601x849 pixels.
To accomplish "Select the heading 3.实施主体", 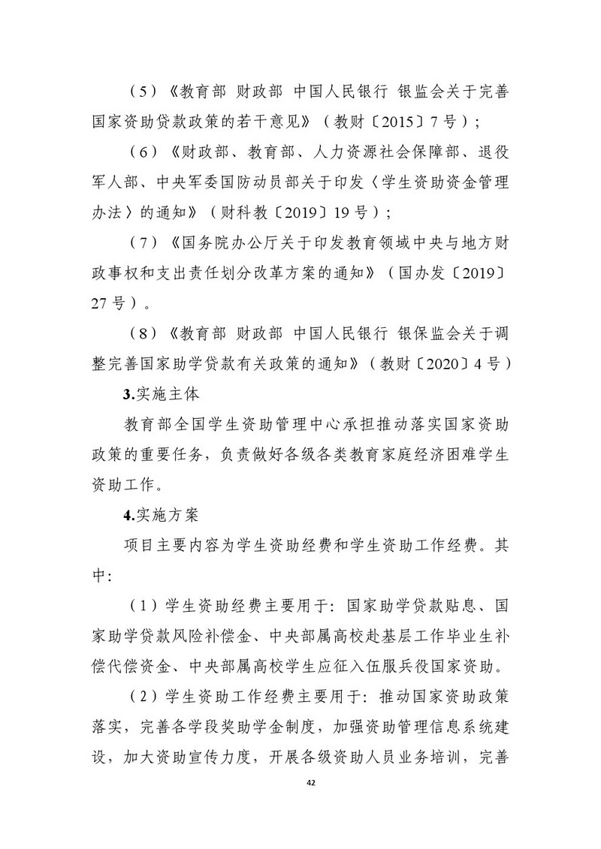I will tap(153, 396).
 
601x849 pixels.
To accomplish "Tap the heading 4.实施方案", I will tap(153, 515).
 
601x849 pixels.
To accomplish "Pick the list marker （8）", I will tap(145, 337).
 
